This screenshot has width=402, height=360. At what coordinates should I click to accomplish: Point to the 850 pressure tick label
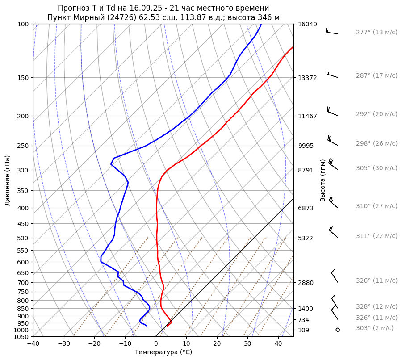coord(23,309)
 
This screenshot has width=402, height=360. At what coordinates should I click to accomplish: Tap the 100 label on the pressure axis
coord(23,24)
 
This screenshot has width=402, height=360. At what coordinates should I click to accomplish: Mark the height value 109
coord(305,330)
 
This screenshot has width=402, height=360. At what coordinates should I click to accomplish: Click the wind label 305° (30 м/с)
coord(377,168)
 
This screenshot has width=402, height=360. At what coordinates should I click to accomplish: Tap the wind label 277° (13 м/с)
coord(377,32)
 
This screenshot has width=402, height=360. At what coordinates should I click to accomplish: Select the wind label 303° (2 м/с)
coord(375,328)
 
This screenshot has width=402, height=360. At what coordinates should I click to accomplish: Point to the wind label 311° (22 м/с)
coord(377,236)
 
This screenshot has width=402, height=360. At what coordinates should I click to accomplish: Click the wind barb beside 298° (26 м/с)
coord(333,140)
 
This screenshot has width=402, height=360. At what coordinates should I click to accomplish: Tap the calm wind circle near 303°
coord(338,330)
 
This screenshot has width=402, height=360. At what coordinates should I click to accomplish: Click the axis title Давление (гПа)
coord(8,180)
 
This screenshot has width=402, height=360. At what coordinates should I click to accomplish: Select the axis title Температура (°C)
coord(163,352)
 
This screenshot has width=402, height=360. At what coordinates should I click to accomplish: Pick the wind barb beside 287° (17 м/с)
coord(332,74)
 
